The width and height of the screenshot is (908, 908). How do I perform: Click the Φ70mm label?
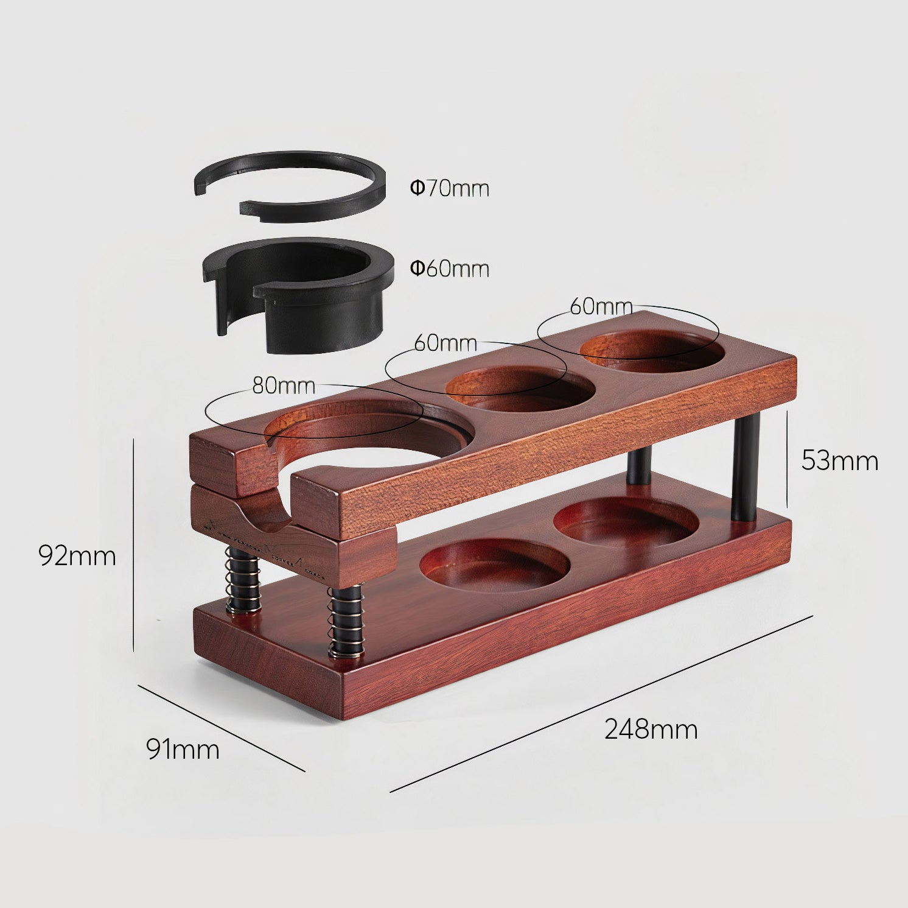[x=450, y=188]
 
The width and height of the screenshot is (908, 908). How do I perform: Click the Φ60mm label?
[x=450, y=269]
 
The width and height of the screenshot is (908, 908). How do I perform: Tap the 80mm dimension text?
[x=284, y=385]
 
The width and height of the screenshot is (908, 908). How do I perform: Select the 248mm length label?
[x=651, y=729]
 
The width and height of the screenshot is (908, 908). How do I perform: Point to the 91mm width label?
[x=183, y=749]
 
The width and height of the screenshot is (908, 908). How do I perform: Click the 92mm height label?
[x=77, y=555]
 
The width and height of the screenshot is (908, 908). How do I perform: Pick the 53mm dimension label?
[x=839, y=460]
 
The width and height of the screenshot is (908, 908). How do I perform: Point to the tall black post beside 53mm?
[x=745, y=466]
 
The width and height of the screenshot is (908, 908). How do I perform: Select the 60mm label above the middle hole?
[x=445, y=343]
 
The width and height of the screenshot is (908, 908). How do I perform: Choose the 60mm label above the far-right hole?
[x=601, y=306]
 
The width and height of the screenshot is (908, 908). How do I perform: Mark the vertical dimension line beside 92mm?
[x=133, y=545]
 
